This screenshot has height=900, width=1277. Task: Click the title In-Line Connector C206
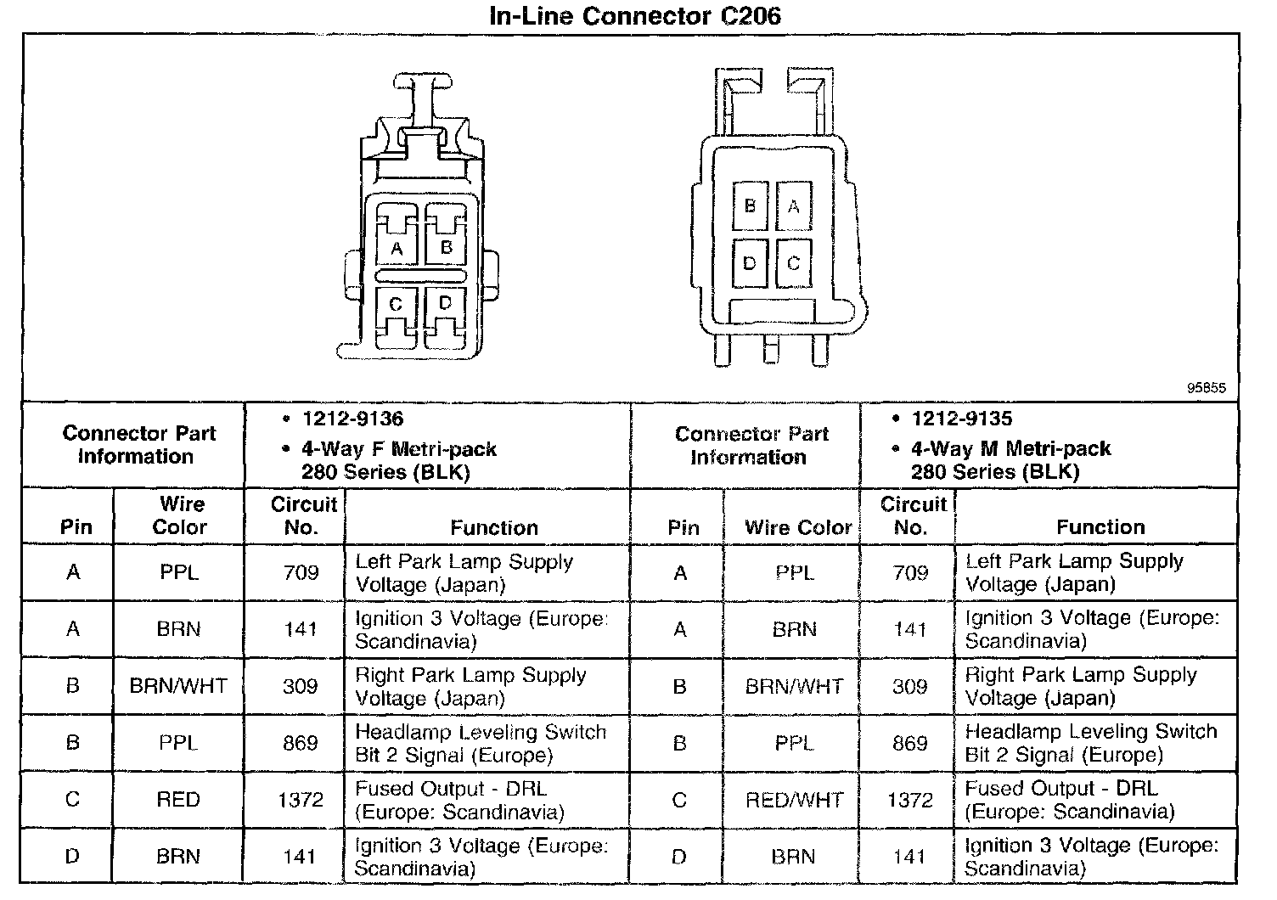coord(635,16)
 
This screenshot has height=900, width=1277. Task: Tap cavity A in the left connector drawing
coord(397,248)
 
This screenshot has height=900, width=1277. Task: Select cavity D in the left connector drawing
coord(446,304)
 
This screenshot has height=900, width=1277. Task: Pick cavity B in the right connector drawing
coord(750,205)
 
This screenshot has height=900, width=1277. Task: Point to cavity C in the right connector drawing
coord(793,263)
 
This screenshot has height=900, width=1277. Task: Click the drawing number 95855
coord(1206,388)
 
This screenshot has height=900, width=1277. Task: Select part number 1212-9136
coord(352,419)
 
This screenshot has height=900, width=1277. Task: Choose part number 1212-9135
coord(961,419)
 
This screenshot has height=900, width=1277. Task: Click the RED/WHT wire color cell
coord(794,800)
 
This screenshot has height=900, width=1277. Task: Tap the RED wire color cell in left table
coord(178,800)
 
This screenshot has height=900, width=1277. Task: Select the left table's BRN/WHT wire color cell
coord(178,686)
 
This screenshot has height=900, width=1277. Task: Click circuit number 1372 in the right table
coord(909,800)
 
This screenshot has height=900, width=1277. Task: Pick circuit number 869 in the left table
coord(301,743)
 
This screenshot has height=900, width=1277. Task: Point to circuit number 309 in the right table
coord(909,686)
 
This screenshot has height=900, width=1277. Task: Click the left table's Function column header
coord(494,527)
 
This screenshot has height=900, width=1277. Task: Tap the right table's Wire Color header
coord(798,527)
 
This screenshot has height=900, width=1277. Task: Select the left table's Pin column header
coord(76,527)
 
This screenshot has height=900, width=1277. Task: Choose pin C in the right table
coord(679,800)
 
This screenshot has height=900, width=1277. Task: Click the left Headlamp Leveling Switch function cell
coord(481,743)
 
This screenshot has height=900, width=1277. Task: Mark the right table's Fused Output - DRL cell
coord(1070,800)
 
